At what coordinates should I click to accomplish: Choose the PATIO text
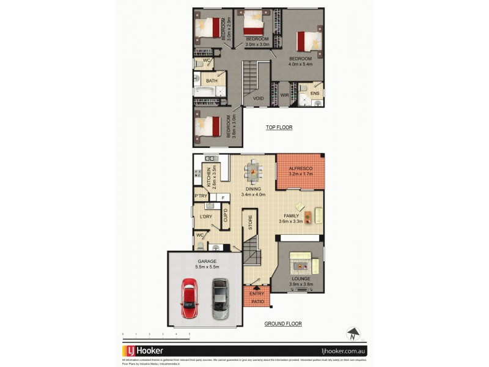257,301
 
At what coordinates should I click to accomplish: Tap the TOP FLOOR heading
279,128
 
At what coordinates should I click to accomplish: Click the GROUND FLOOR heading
283,324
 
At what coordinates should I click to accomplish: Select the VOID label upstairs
259,97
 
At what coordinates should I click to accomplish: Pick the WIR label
284,95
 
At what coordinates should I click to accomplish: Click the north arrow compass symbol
352,334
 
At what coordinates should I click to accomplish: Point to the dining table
252,172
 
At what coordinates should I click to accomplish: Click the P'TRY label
200,196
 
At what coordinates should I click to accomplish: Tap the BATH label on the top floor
211,81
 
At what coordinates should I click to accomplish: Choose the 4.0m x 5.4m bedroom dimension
301,64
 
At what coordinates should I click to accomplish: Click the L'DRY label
205,217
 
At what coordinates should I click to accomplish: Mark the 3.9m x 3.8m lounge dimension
301,283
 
